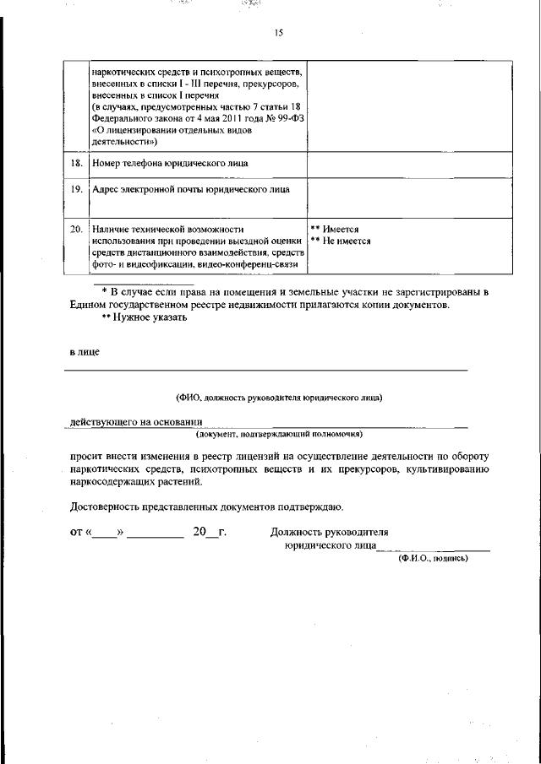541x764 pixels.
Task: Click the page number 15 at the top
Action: [278, 33]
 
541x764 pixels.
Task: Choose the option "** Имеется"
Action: [336, 229]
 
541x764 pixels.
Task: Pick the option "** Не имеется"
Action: [341, 241]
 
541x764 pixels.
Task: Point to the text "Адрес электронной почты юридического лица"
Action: [191, 190]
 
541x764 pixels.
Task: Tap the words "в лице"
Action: [85, 352]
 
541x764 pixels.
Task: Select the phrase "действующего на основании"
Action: [136, 421]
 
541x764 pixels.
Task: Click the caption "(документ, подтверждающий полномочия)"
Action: [280, 434]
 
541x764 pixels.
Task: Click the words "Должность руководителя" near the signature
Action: [329, 533]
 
